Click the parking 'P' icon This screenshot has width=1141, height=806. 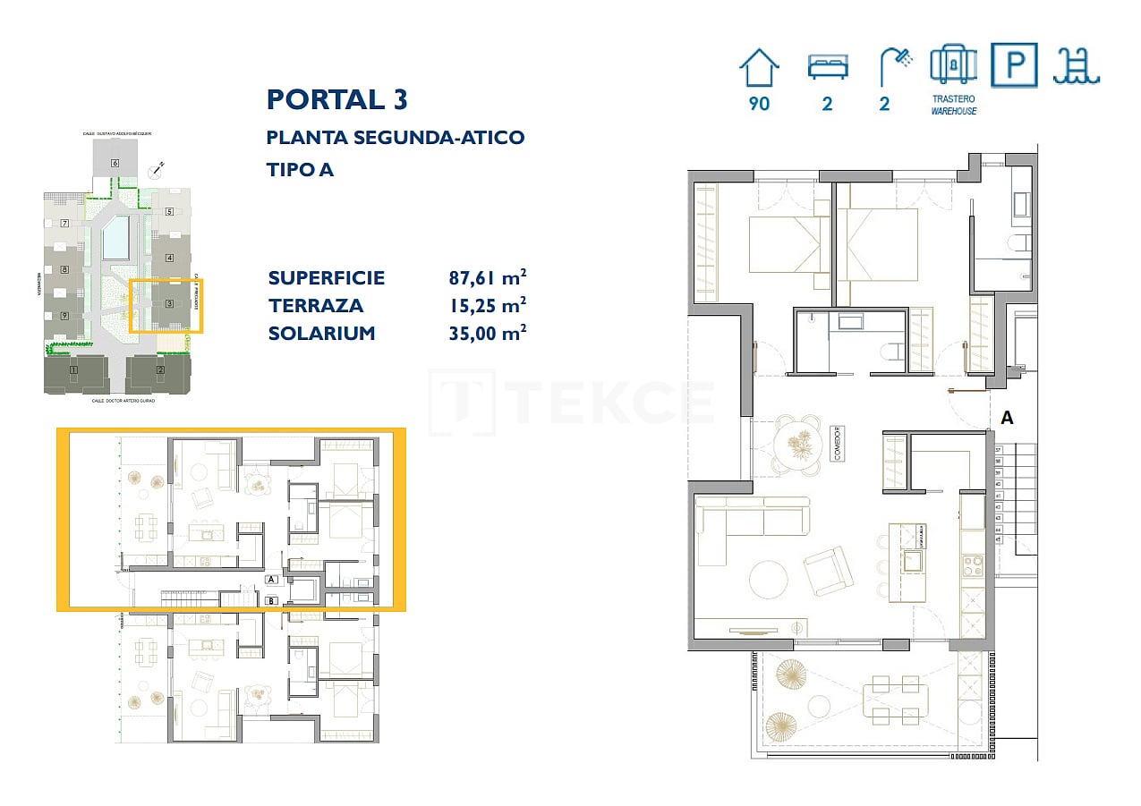(1014, 65)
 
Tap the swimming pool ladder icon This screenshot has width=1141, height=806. (1076, 65)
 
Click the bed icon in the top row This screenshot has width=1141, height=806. (827, 67)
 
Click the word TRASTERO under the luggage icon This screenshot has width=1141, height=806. (953, 99)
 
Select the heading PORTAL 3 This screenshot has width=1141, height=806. (337, 99)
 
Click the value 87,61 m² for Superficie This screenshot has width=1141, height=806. (487, 277)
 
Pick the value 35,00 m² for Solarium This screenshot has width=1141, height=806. (487, 333)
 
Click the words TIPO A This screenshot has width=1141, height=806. (300, 169)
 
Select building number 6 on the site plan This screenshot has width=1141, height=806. (115, 163)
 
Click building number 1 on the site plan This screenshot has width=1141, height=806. (74, 369)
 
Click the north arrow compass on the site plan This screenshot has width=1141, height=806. (159, 166)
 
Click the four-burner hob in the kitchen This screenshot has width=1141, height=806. (972, 565)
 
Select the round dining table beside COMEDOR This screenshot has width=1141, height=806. (796, 440)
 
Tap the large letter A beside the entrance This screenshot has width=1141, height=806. (1007, 417)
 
